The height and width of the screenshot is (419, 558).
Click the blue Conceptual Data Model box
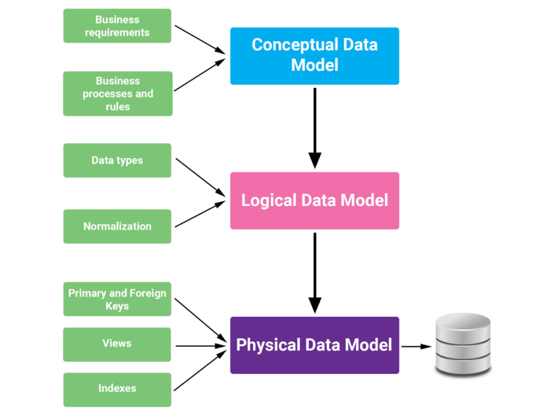[x=314, y=56]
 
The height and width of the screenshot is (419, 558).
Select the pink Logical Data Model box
[x=314, y=201]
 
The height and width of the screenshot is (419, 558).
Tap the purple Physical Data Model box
[x=314, y=345]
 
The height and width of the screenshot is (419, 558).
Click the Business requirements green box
[x=117, y=26]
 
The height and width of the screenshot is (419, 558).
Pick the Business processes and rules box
[x=117, y=93]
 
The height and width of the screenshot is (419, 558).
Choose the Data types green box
[x=117, y=160]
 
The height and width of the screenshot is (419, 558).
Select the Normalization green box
[x=117, y=226]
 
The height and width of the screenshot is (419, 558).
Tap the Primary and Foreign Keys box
[x=117, y=299]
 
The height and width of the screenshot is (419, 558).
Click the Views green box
[x=117, y=344]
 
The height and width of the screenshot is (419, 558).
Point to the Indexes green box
[x=117, y=389]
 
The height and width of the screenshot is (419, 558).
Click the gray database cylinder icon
[x=463, y=344]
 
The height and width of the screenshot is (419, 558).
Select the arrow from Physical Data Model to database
[x=416, y=346]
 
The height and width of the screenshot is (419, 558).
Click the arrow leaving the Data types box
[x=200, y=176]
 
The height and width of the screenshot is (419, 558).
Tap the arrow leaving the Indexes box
[x=200, y=370]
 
